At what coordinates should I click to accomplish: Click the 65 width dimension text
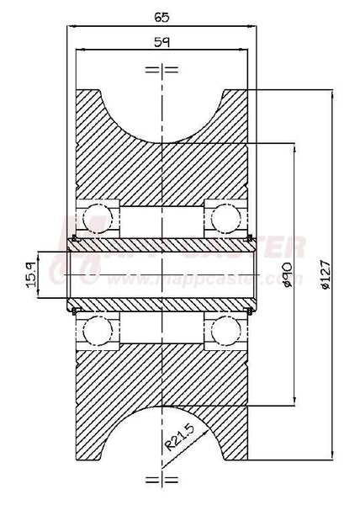coord(162,15)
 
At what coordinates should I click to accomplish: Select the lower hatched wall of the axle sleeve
coord(162,300)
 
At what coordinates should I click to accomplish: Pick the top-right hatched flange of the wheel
coord(236,105)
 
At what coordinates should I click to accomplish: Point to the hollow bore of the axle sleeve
coord(162,272)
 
